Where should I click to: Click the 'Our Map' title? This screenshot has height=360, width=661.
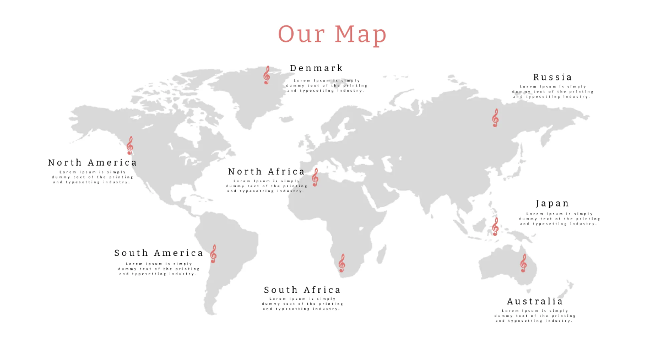332,34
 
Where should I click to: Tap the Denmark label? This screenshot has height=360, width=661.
316,68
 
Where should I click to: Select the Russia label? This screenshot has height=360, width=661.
552,77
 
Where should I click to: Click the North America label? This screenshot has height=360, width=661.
93,162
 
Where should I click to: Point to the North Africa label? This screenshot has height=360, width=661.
266,172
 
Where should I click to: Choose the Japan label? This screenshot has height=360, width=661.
552,204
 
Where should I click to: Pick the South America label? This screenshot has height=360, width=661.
159,253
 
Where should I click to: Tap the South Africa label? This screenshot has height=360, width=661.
302,290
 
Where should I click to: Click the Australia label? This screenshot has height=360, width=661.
535,302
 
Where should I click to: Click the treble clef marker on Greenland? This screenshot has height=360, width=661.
267,75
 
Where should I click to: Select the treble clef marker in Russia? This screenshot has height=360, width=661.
495,118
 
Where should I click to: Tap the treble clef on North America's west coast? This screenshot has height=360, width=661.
130,145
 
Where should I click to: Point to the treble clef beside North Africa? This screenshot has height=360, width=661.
315,177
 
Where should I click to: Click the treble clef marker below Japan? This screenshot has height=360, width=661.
495,226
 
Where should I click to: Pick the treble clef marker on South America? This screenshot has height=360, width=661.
213,254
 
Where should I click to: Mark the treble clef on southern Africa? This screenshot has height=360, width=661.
342,263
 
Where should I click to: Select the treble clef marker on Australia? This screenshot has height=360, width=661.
523,263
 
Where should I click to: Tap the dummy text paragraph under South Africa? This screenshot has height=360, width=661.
302,304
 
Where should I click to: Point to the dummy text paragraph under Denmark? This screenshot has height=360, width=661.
327,85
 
